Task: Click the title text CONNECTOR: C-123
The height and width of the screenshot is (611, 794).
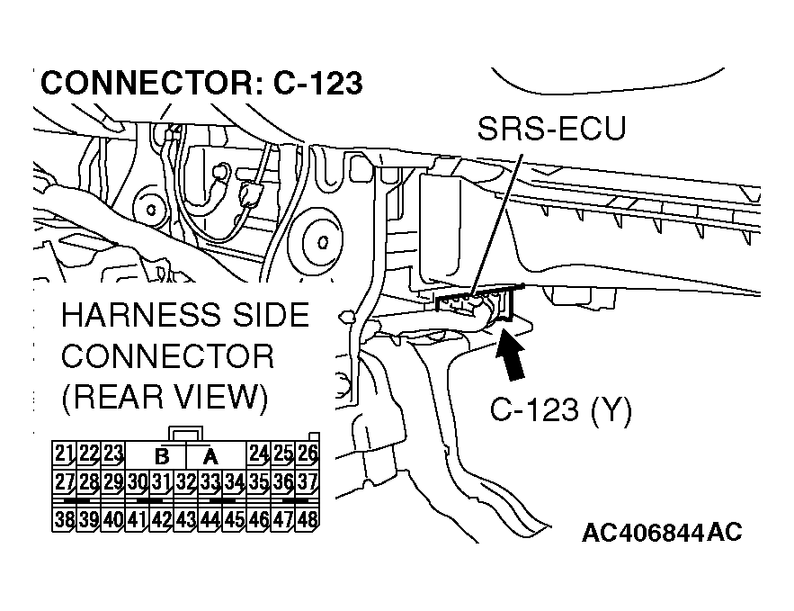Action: point(201,83)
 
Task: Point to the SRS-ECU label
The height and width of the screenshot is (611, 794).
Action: point(551,131)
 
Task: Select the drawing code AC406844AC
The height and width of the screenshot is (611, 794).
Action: point(661,533)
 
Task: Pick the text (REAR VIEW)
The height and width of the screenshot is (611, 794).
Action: point(164,397)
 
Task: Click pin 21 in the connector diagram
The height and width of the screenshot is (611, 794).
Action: point(64,453)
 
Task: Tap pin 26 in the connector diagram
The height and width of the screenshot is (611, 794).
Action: point(308,453)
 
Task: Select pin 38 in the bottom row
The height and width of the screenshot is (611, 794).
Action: point(64,519)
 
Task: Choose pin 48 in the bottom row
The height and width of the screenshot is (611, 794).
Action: point(308,519)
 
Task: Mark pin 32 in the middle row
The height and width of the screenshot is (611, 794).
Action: point(185,481)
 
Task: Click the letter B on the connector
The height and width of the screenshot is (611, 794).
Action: point(162,454)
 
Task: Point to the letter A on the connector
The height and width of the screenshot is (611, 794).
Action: point(210,454)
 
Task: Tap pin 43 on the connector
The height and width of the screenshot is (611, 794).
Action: point(185,519)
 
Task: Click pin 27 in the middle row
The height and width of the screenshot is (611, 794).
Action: point(64,481)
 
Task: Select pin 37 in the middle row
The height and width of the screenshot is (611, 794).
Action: point(308,481)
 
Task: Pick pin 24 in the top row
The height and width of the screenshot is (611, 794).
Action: point(259,453)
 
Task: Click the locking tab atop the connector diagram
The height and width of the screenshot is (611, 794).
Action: point(185,435)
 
